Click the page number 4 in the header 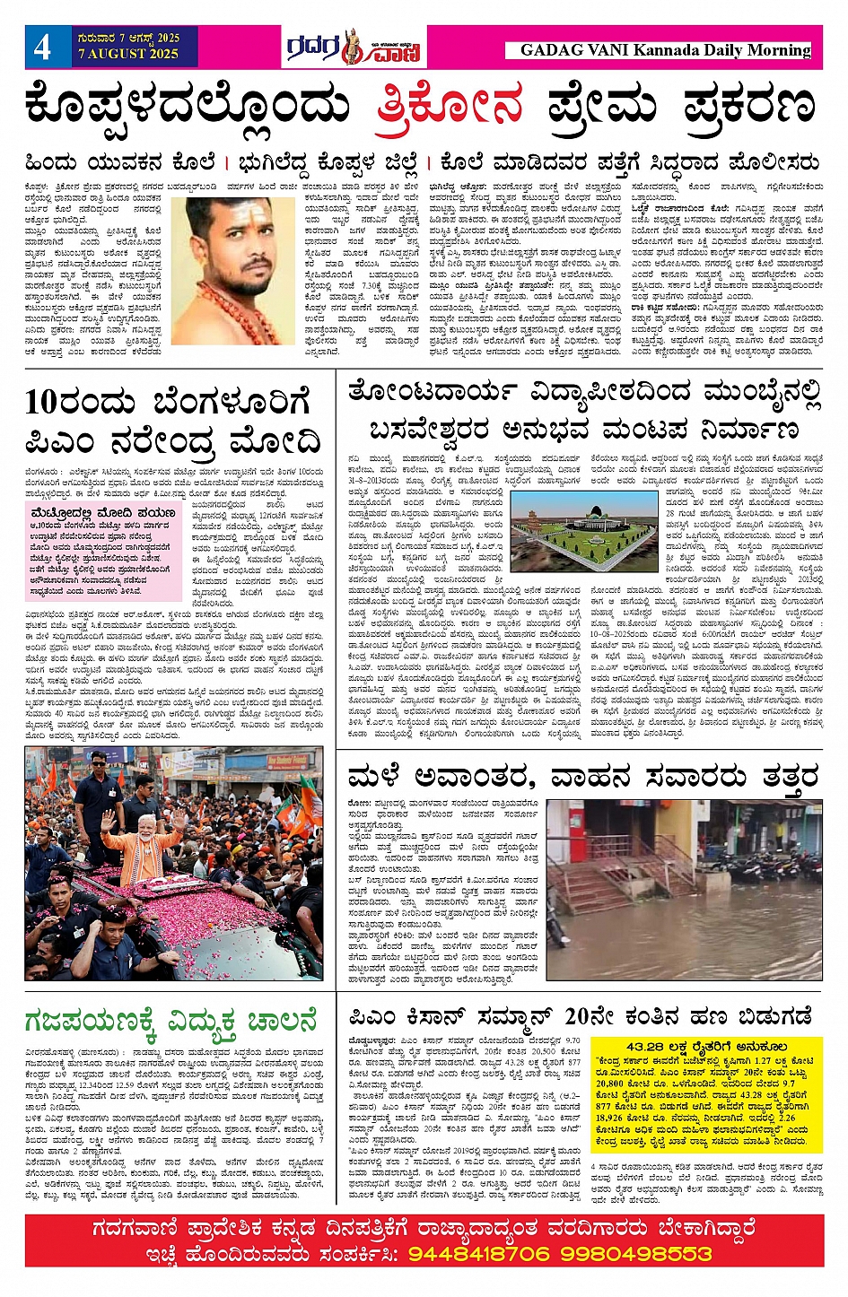click(x=42, y=48)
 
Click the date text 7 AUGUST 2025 click(x=128, y=54)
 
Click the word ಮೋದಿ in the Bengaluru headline click(x=275, y=442)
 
